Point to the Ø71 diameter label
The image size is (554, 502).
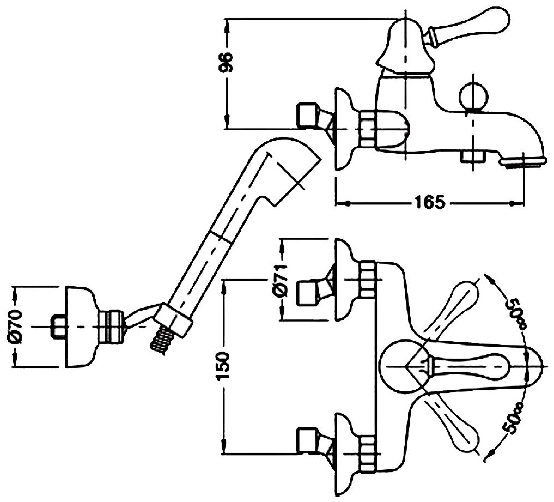(281, 282)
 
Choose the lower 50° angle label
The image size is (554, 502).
(516, 417)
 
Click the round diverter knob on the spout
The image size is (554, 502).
(471, 97)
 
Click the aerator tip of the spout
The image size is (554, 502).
(521, 161)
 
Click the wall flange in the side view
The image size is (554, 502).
(342, 130)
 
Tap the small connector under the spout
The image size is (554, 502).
(471, 157)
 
